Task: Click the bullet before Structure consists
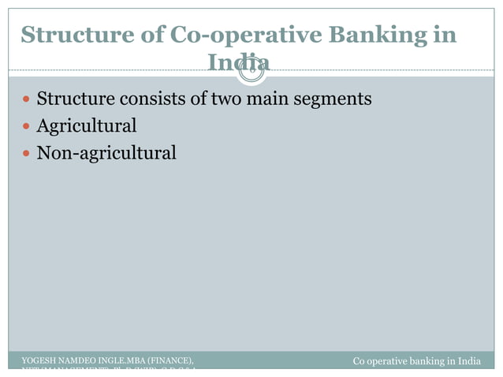(x=28, y=100)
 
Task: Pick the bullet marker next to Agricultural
(x=28, y=126)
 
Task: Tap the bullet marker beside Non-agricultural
(x=28, y=152)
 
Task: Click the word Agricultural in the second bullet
(x=87, y=125)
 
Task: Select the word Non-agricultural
(x=107, y=152)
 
